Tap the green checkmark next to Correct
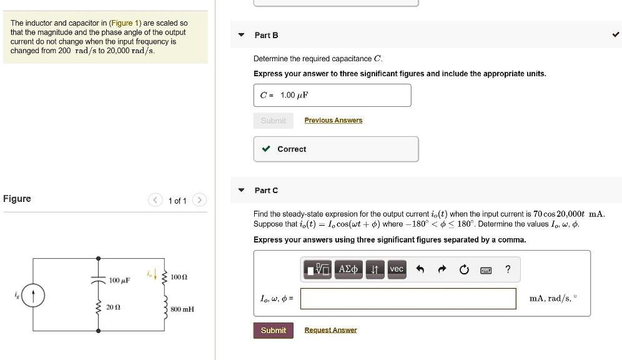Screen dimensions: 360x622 click(267, 149)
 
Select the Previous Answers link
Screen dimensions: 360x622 click(333, 121)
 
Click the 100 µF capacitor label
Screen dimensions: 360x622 click(119, 280)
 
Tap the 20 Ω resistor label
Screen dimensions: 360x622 click(113, 307)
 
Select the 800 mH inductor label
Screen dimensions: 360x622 click(182, 309)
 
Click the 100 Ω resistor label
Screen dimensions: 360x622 click(179, 276)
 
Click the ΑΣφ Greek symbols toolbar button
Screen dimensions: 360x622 click(348, 269)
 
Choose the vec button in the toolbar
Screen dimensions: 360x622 click(397, 269)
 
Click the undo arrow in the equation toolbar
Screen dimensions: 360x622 click(420, 270)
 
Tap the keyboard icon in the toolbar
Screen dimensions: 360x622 click(485, 270)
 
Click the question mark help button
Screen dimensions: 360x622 click(508, 270)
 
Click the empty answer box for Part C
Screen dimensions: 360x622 click(408, 299)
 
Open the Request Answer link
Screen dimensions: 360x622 click(330, 331)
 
